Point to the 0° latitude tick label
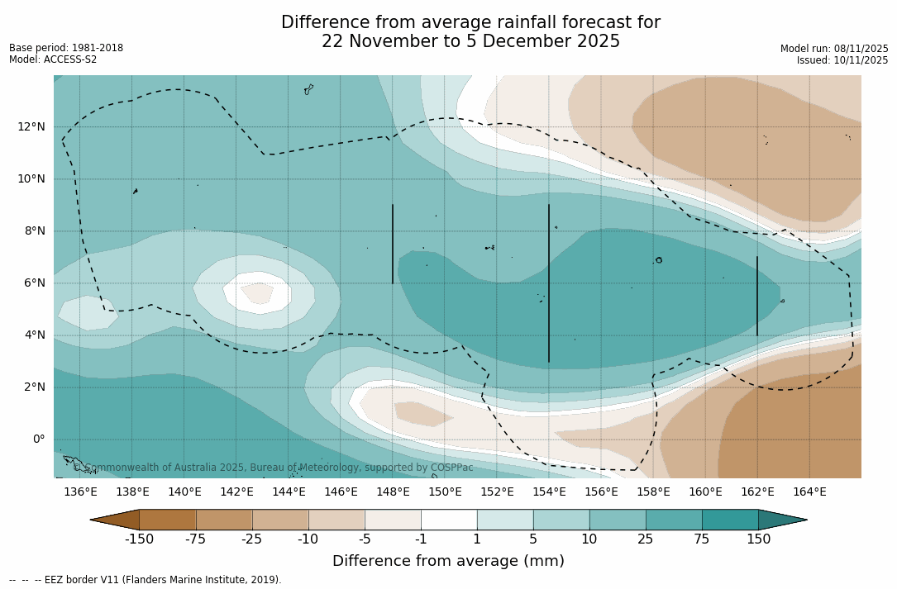tap(38, 439)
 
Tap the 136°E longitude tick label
tap(80, 492)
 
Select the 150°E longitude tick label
tap(445, 492)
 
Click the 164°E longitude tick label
tap(809, 492)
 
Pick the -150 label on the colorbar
tap(139, 539)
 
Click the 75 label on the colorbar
tap(702, 539)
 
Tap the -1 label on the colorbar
tap(421, 539)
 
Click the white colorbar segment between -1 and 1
tap(449, 520)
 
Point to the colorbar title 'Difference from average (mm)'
tap(448, 561)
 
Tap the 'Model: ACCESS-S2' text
tap(53, 59)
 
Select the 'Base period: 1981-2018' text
tap(66, 48)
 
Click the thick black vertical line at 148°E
tap(393, 244)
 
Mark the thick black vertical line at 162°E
tap(757, 296)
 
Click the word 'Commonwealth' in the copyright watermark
tap(119, 468)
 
